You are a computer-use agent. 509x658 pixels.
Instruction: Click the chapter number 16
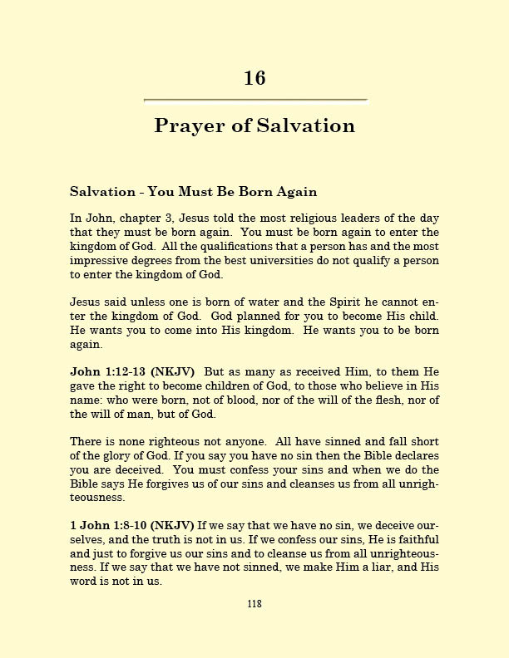coord(254,78)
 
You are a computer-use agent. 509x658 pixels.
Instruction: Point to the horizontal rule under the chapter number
coord(255,101)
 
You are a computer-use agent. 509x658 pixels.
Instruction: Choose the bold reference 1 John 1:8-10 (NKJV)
coord(132,526)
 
